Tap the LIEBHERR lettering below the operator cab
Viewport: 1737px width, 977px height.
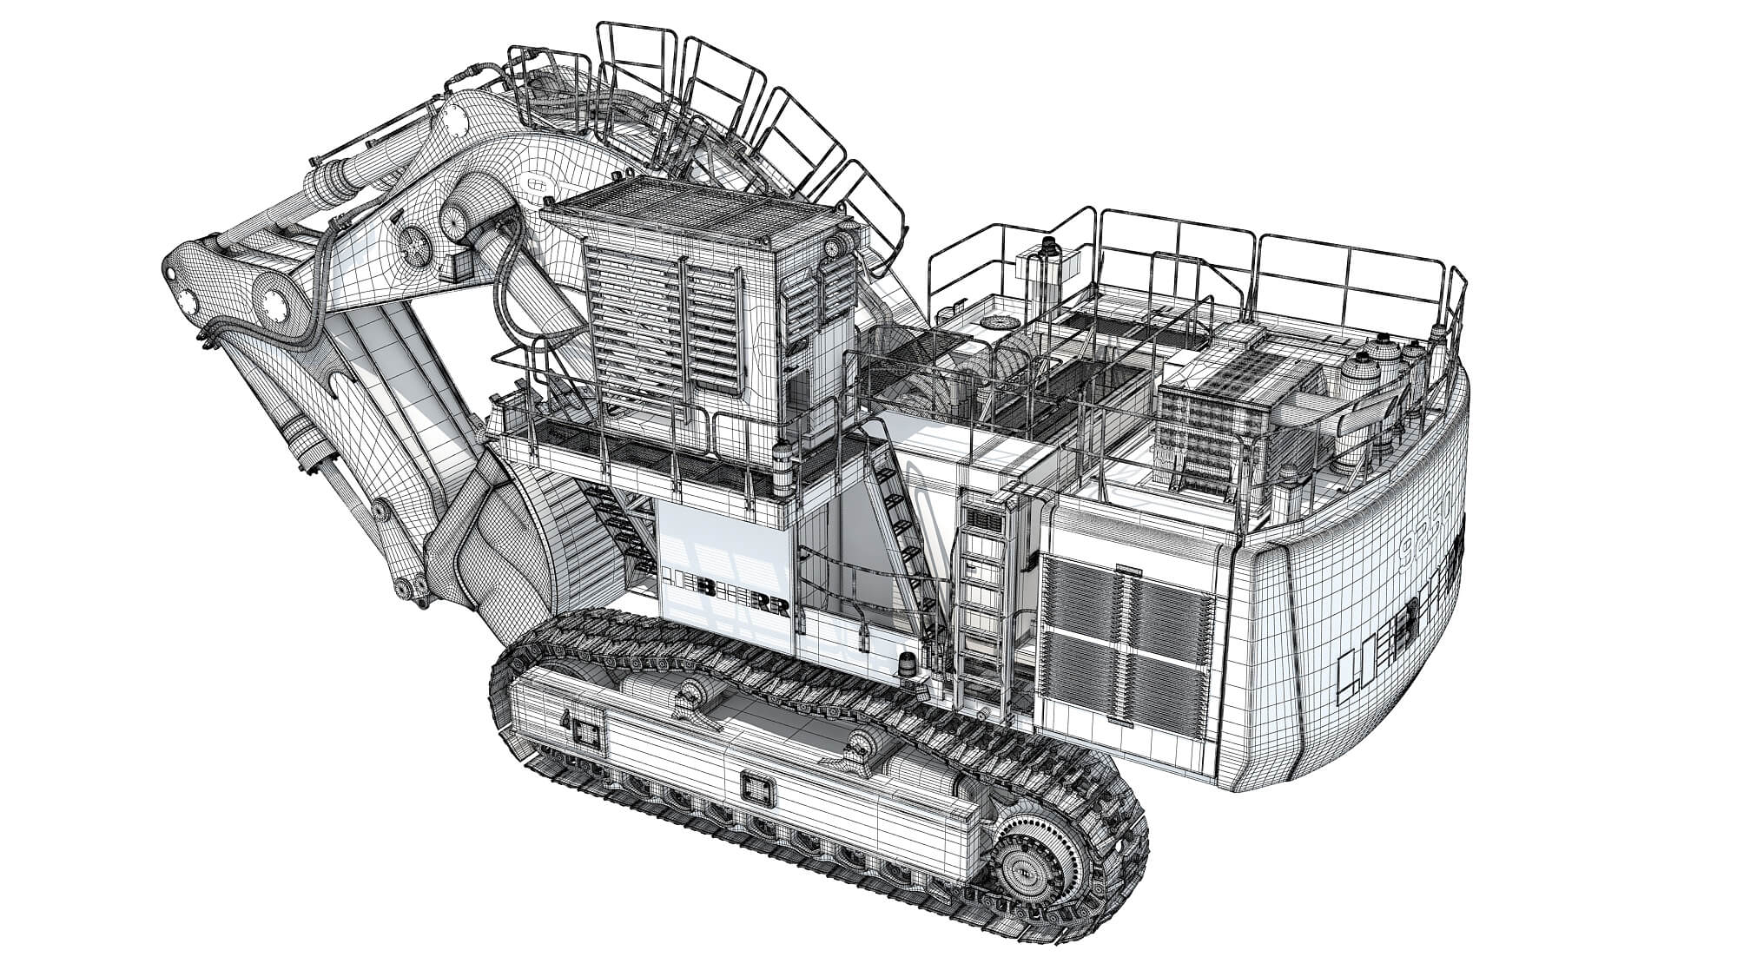pos(726,591)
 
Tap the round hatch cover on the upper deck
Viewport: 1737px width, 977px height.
pos(991,322)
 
